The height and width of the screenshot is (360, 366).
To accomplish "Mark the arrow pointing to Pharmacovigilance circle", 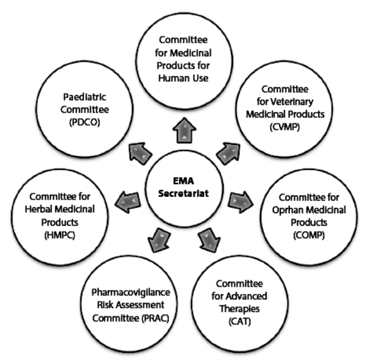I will (156, 239).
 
